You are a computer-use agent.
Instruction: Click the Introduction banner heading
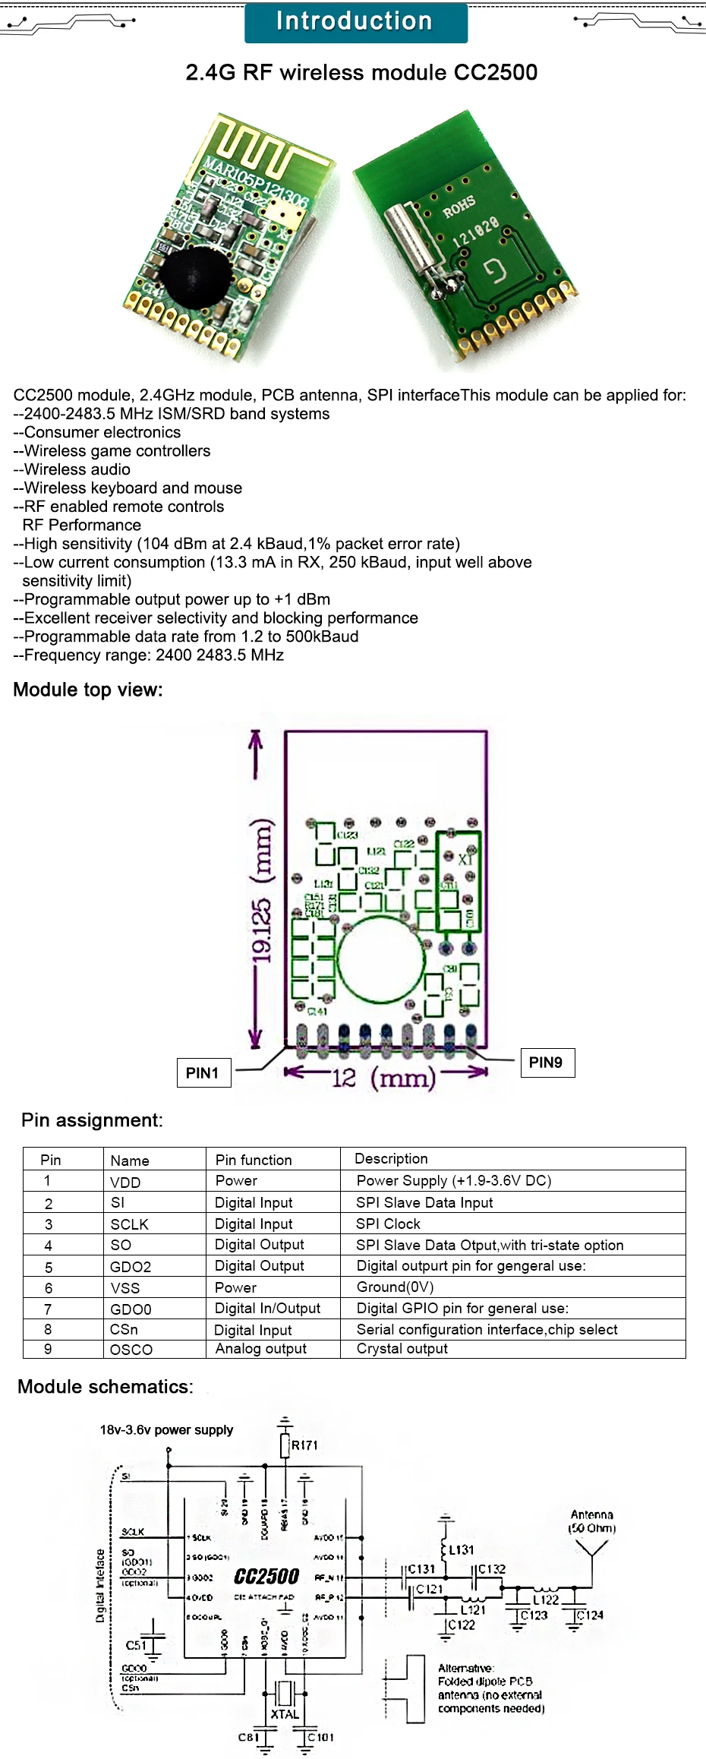coord(355,22)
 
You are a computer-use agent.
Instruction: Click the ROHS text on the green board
coord(459,206)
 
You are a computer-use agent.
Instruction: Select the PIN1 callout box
coord(203,1072)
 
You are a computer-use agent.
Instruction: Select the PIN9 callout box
coord(547,1062)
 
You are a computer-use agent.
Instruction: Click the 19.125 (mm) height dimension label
coord(262,889)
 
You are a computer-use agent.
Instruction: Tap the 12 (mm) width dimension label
coord(384,1077)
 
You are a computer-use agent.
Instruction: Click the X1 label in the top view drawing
coord(465,860)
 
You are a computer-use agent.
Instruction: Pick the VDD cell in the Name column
coord(126,1183)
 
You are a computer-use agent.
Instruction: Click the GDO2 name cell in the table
coord(131,1267)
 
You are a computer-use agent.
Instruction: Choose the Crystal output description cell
coord(402,1348)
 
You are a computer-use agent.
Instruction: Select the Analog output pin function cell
coord(261,1348)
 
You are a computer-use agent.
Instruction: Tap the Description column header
coord(391,1158)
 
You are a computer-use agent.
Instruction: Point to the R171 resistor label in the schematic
coord(304,1445)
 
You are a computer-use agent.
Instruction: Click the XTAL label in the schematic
coord(285,1714)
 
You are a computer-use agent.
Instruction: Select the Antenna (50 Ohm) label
coord(592,1521)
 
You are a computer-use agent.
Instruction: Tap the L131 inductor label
coord(462,1549)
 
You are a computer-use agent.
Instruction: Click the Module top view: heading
coord(88,690)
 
